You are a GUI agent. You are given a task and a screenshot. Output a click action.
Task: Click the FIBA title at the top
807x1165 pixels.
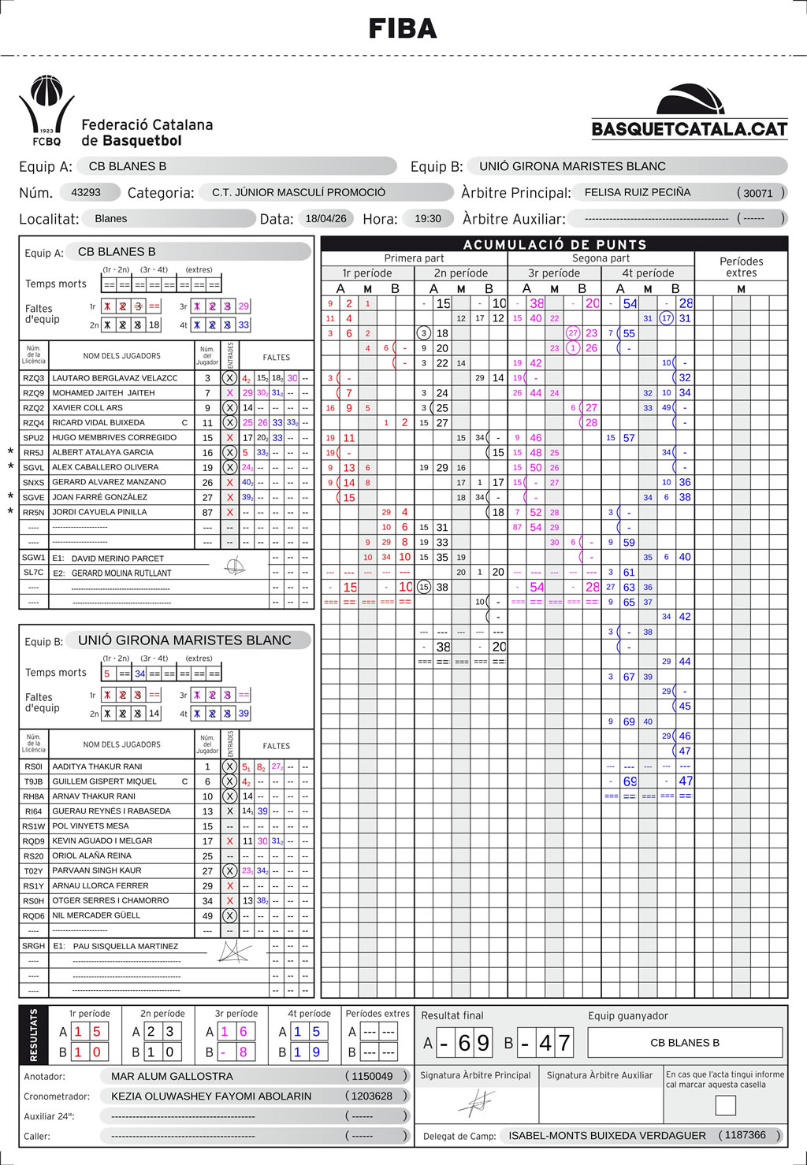pyautogui.click(x=403, y=29)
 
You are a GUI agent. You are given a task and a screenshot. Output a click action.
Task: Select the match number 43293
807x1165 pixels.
pyautogui.click(x=86, y=192)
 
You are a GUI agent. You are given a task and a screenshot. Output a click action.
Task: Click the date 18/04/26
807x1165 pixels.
pyautogui.click(x=325, y=218)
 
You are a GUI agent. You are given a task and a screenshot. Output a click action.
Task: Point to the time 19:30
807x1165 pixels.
pyautogui.click(x=428, y=218)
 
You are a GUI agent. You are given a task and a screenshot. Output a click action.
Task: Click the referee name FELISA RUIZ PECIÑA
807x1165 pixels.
pyautogui.click(x=638, y=192)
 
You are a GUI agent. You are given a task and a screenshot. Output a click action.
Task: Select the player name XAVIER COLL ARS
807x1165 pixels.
pyautogui.click(x=87, y=408)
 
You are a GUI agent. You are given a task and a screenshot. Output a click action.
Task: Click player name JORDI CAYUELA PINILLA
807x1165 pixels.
pyautogui.click(x=99, y=512)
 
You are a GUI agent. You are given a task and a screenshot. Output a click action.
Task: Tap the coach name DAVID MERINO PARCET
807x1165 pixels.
pyautogui.click(x=117, y=558)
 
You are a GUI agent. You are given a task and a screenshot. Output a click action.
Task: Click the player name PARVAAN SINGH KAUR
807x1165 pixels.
pyautogui.click(x=97, y=870)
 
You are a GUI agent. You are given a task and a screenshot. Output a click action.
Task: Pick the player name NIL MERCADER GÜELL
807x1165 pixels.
pyautogui.click(x=96, y=915)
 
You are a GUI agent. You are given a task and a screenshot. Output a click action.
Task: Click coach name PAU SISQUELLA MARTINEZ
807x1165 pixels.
pyautogui.click(x=125, y=946)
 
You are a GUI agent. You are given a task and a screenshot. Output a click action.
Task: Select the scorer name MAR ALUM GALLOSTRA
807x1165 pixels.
pyautogui.click(x=172, y=1076)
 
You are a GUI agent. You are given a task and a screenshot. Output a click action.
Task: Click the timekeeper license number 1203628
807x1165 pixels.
pyautogui.click(x=372, y=1096)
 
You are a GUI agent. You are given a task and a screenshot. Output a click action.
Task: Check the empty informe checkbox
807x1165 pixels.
pyautogui.click(x=725, y=1105)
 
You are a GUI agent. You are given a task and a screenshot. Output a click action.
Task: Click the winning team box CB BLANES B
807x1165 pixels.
pyautogui.click(x=684, y=1043)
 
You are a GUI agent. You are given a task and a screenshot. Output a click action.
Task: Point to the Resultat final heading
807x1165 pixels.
pyautogui.click(x=452, y=1015)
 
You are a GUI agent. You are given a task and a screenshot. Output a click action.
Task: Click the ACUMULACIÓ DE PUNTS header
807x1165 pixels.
pyautogui.click(x=555, y=244)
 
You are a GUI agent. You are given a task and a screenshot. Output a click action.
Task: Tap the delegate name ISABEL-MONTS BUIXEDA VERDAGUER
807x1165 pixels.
pyautogui.click(x=607, y=1135)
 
